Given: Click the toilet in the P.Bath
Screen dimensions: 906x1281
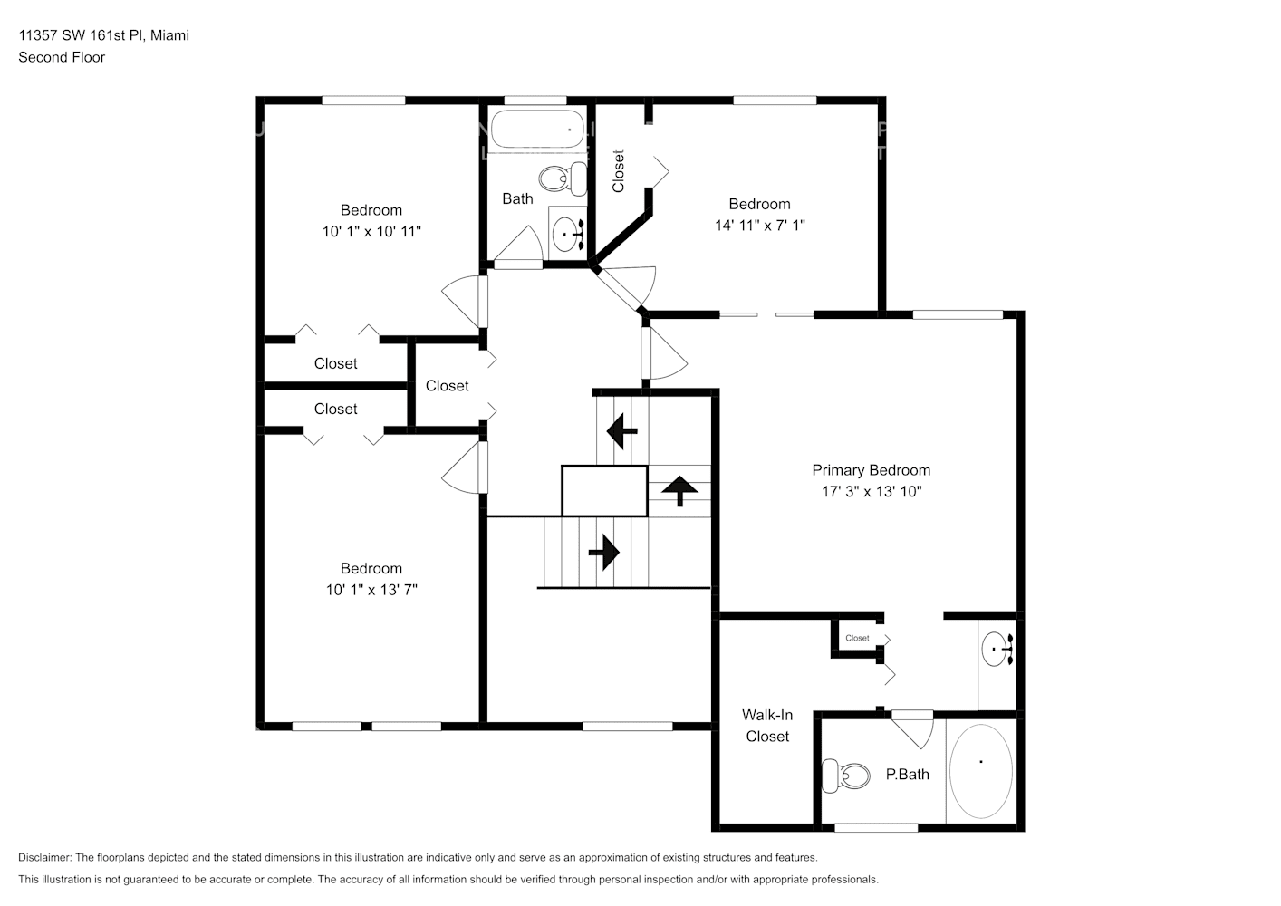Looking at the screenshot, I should coord(844,776).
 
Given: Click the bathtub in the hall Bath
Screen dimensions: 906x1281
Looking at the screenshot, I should coord(535,130).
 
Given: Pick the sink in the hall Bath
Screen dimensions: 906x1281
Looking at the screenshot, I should coord(569,233).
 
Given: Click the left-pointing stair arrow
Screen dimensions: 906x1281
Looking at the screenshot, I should coord(621,430).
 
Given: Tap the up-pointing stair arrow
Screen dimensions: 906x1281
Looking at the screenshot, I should coord(679,490).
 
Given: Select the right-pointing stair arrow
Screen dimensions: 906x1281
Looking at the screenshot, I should coord(603,551).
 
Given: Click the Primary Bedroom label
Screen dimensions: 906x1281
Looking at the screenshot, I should coord(871,470).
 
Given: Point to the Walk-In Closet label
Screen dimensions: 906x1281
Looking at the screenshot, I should coord(767,726).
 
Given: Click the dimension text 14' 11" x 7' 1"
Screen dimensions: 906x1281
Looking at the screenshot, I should coord(759,225).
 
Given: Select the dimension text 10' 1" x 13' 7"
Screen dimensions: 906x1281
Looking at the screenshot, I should coord(371,590).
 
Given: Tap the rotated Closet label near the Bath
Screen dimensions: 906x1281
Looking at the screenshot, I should coord(619,171).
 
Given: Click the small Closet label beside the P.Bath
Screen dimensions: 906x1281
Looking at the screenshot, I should coord(857,638).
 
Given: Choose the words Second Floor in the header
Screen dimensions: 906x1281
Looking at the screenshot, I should coord(62,57).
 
